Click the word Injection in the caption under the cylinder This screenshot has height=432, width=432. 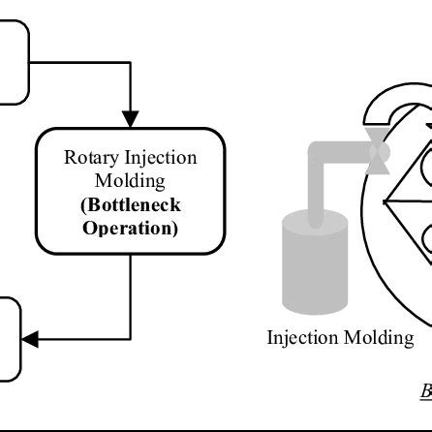(x=309, y=311)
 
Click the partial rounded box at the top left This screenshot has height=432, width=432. (x=14, y=62)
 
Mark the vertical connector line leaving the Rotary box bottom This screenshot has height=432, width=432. (x=130, y=291)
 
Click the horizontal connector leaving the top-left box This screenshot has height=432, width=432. (x=82, y=62)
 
